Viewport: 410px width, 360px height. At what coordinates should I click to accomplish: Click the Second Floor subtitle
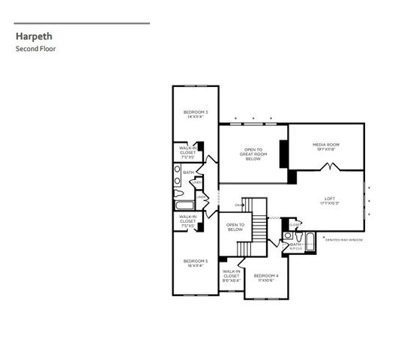point(36,49)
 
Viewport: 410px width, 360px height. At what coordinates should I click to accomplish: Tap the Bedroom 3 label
point(196,114)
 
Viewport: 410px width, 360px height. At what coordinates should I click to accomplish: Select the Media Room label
point(326,145)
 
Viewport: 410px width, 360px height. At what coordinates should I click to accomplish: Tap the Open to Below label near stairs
point(235,227)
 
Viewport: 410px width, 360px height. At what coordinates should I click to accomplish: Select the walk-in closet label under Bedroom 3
point(187,152)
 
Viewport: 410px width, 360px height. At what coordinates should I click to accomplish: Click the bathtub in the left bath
point(184,204)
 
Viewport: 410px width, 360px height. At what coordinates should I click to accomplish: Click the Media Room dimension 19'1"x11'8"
point(326,149)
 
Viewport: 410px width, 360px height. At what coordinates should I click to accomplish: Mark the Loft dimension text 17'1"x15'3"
point(329,203)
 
